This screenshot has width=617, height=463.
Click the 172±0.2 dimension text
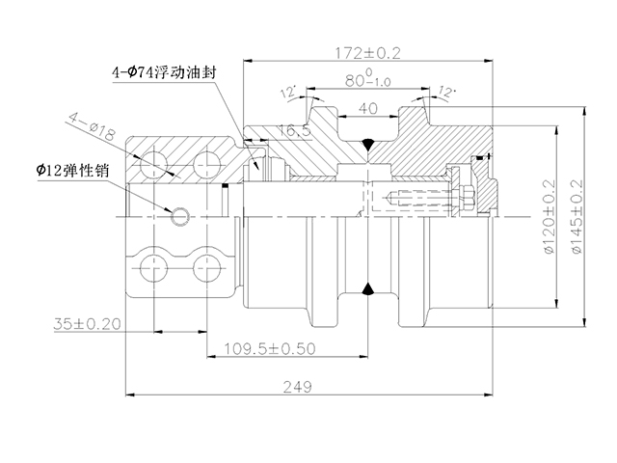pos(367,53)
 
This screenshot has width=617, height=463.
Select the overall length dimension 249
pos(298,387)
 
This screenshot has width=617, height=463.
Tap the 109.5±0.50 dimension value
pos(270,348)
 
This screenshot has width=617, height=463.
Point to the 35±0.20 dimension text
pos(87,324)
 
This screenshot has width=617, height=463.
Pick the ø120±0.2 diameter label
pos(550,216)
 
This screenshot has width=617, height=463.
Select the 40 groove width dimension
pos(368,108)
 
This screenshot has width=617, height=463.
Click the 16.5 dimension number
pos(294,130)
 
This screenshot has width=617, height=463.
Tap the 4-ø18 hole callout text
pos(92,126)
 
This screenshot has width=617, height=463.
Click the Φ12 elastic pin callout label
pos(73,170)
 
